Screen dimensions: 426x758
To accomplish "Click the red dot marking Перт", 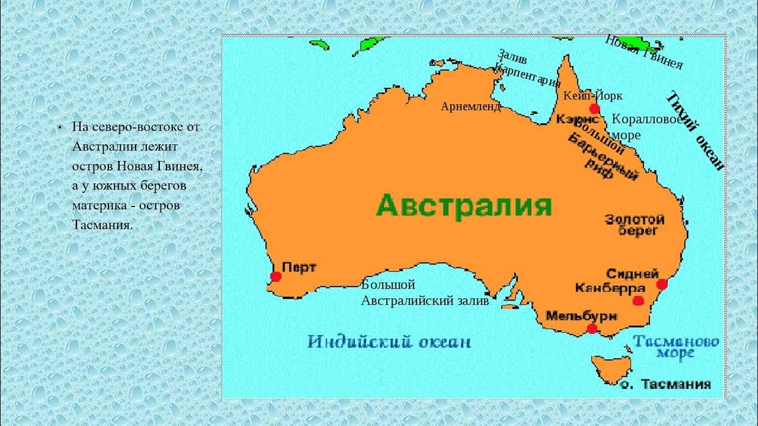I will [275, 276].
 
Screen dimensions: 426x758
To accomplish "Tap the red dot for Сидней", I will [662, 285].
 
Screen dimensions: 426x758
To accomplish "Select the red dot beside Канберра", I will [637, 301].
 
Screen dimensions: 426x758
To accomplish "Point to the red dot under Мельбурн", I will [592, 329].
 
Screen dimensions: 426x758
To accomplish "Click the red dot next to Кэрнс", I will [595, 109].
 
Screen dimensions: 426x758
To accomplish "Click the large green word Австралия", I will [464, 206].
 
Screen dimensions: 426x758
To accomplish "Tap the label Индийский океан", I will [390, 342].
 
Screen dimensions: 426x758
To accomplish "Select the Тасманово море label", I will [676, 347].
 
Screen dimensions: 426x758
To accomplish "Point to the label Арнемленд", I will [471, 106].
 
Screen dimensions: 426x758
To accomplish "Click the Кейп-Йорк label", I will [593, 96].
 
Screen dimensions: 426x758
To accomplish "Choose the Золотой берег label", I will [634, 225].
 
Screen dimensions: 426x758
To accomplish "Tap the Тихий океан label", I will [695, 131].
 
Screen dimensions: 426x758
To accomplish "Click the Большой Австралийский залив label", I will [425, 293].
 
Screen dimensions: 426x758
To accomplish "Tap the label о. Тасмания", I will [666, 385].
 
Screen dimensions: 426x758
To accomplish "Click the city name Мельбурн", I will [581, 315].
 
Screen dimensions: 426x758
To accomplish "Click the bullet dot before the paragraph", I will [60, 128].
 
